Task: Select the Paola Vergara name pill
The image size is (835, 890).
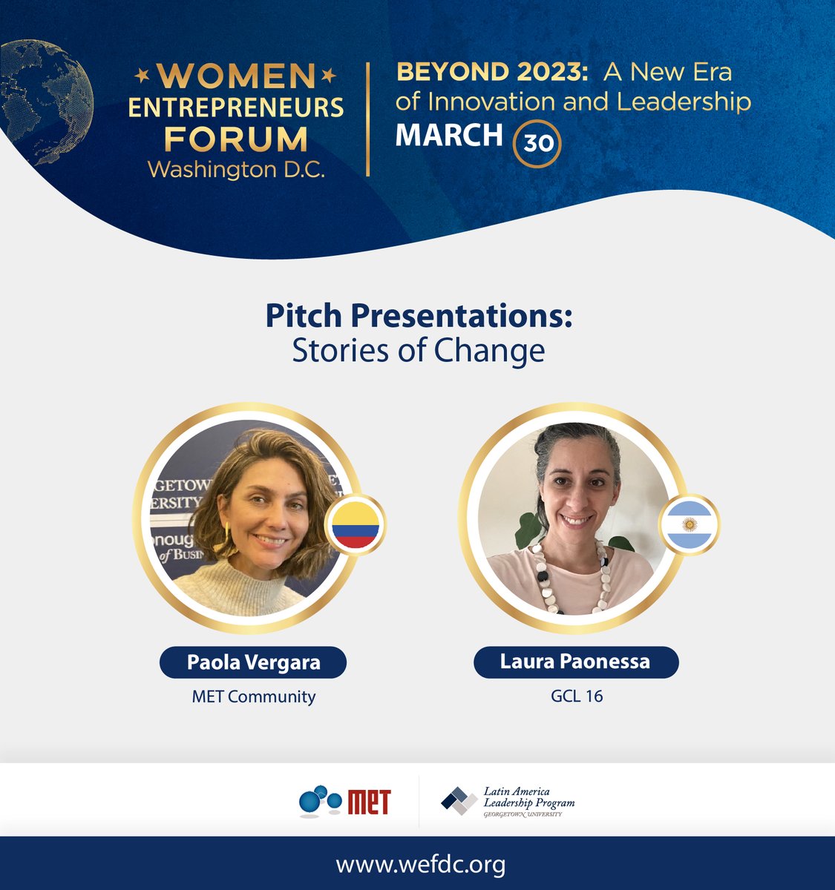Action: point(253,662)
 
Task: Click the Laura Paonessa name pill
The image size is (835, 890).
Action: point(576,662)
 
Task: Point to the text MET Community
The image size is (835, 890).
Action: point(253,696)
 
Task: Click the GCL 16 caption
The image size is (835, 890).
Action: point(576,696)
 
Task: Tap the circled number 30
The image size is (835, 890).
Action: point(537,142)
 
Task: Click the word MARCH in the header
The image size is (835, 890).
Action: point(449,135)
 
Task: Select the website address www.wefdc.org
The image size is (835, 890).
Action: point(420,864)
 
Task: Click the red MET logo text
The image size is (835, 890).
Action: point(368,802)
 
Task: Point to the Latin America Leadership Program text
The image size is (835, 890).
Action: point(528,798)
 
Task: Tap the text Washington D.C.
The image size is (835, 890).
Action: point(236,170)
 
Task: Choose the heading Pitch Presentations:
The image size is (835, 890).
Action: point(419,317)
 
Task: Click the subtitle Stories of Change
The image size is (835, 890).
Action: point(419,351)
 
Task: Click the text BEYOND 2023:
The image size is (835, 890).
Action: point(494,73)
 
